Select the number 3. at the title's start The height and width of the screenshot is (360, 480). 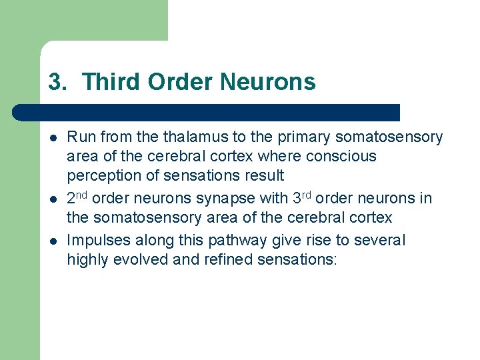pyautogui.click(x=58, y=82)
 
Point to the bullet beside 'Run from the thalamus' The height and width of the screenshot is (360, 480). pyautogui.click(x=52, y=137)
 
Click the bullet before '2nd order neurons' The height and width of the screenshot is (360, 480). pyautogui.click(x=52, y=199)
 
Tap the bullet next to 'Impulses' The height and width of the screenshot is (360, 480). pyautogui.click(x=52, y=240)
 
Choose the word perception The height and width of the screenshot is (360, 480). pyautogui.click(x=101, y=176)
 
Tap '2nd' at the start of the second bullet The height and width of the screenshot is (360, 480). pyautogui.click(x=78, y=198)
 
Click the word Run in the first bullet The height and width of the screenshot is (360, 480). pyautogui.click(x=80, y=137)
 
